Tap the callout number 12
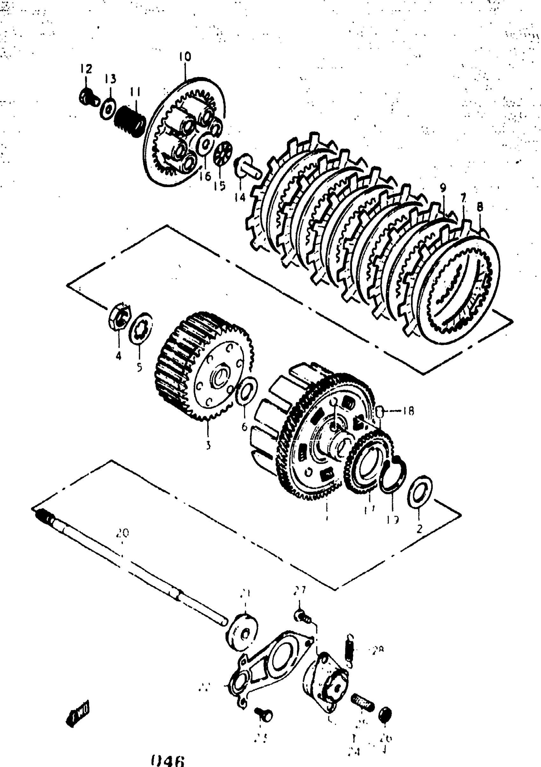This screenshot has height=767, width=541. [x=86, y=69]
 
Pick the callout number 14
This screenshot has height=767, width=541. [x=240, y=198]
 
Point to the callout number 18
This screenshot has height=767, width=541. [x=408, y=411]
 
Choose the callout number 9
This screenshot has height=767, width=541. [x=443, y=188]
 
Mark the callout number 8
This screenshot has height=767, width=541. [x=480, y=207]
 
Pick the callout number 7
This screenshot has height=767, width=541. [x=463, y=198]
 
